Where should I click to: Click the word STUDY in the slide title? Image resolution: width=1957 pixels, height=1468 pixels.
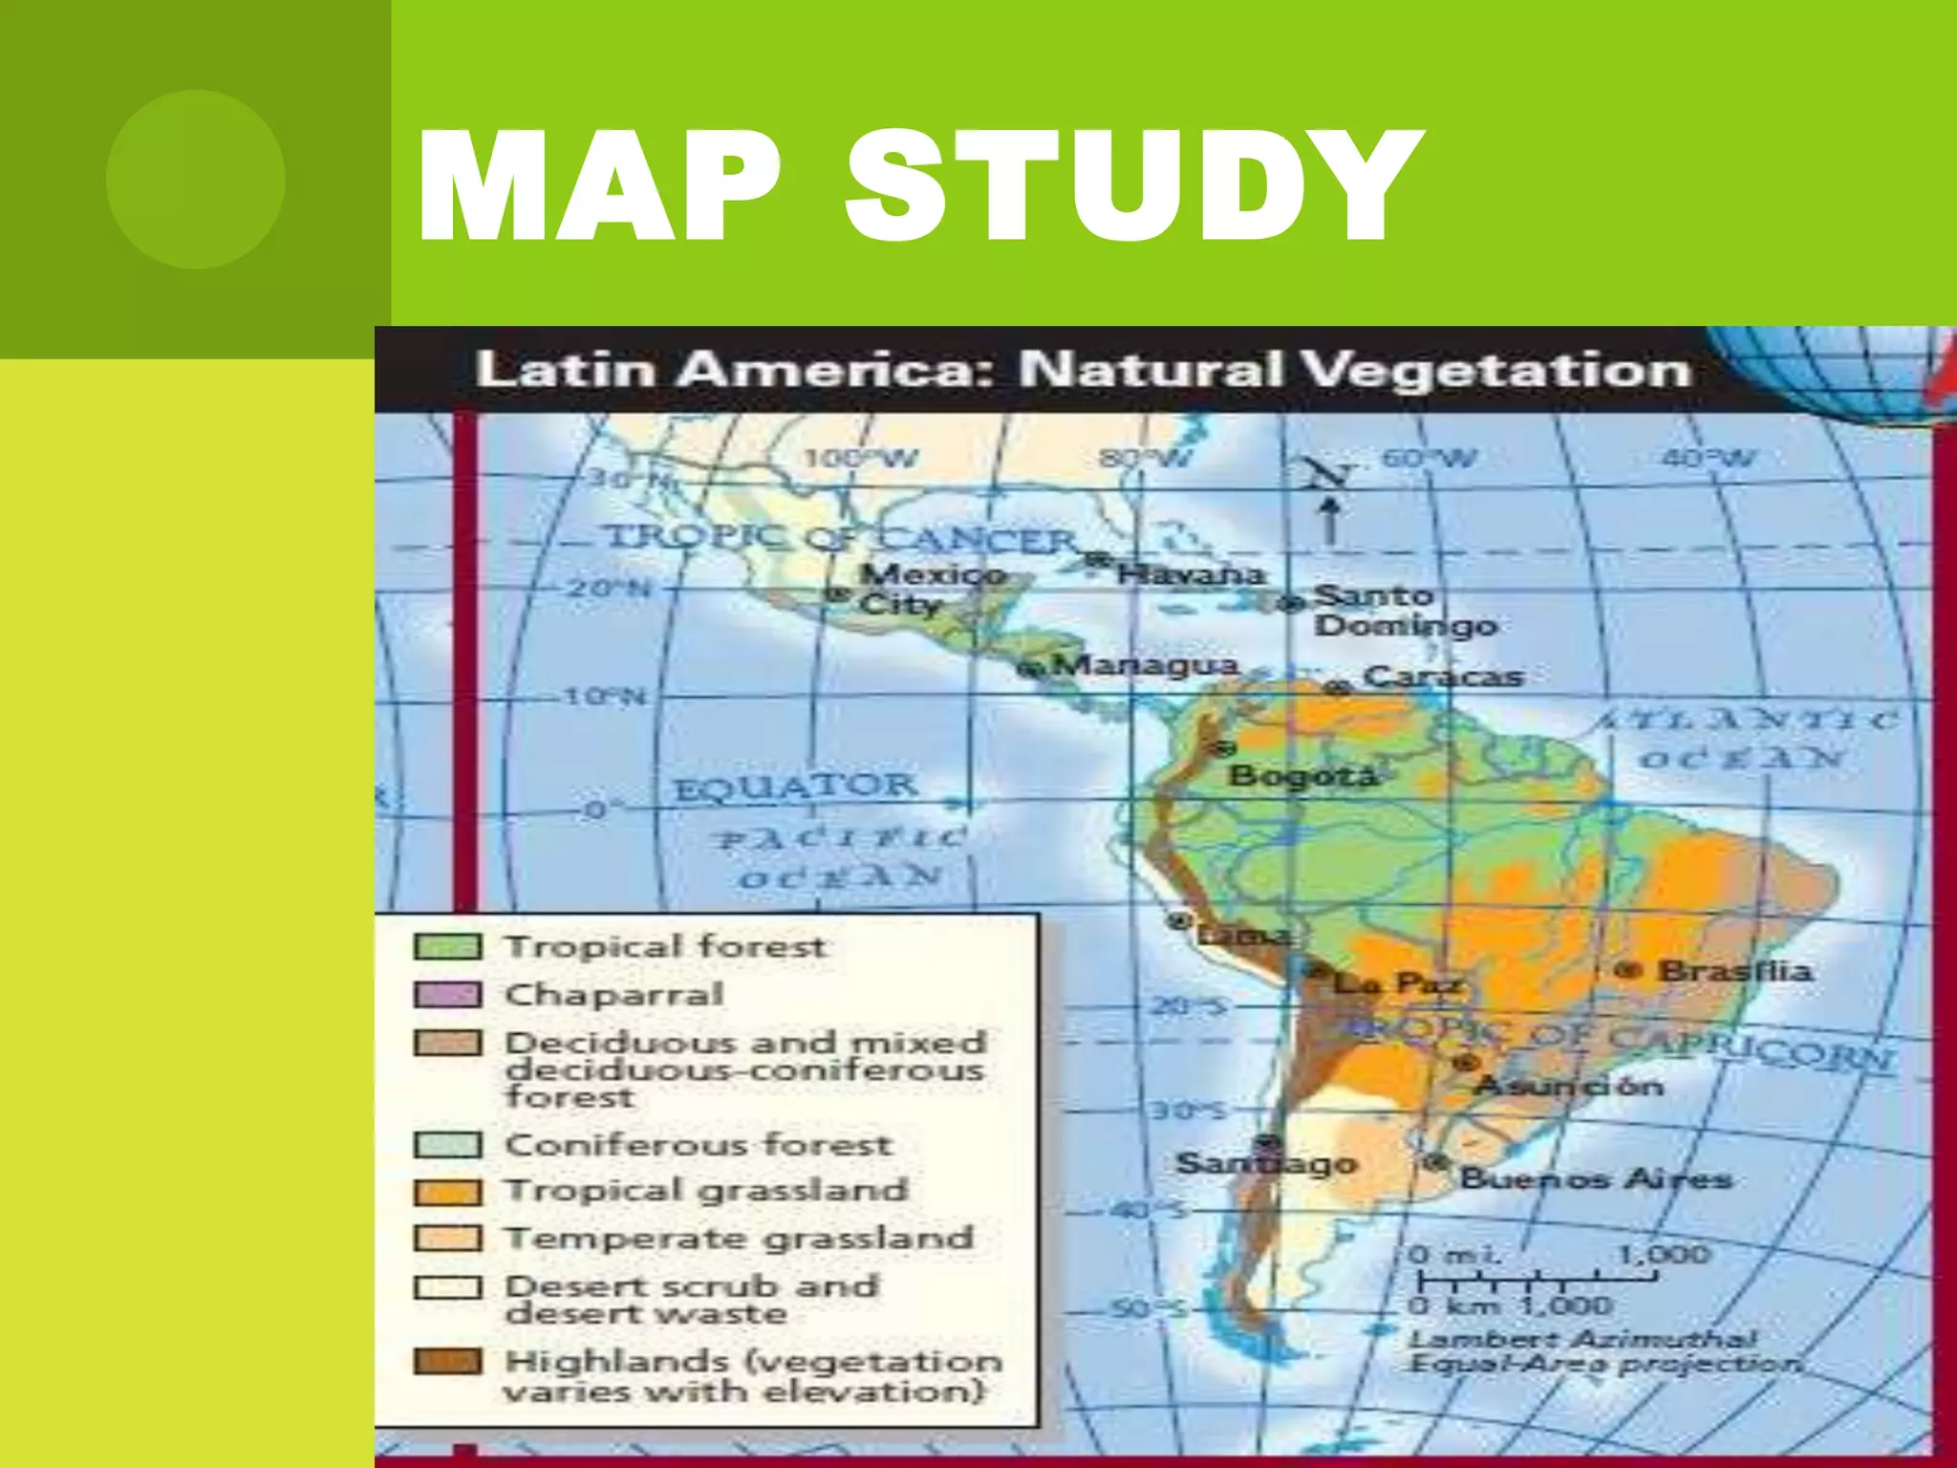tap(1132, 186)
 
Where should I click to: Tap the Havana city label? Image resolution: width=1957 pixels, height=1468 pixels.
tap(1191, 574)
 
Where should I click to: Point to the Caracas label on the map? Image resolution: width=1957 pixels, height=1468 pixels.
tap(1443, 677)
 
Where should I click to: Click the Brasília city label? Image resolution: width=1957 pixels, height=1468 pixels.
tap(1734, 971)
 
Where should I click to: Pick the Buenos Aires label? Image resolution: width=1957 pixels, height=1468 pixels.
tap(1596, 1178)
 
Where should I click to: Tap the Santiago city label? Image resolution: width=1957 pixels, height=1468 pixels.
tap(1266, 1163)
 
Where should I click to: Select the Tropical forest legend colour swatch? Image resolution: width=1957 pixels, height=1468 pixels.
tap(447, 947)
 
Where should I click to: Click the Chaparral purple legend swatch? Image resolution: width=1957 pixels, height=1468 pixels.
tap(447, 995)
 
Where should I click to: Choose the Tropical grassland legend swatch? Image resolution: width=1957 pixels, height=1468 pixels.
tap(447, 1192)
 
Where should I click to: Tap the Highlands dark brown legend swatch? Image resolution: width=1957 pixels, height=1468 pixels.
tap(447, 1361)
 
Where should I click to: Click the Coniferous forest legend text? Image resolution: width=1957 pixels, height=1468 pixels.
tap(698, 1144)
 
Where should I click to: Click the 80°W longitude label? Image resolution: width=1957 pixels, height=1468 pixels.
tap(1146, 458)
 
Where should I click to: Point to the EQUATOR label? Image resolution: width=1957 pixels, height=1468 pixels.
tap(796, 788)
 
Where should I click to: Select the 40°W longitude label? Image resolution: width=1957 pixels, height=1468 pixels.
tap(1709, 458)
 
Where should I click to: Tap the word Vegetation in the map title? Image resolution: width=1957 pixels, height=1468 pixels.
tap(1496, 370)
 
